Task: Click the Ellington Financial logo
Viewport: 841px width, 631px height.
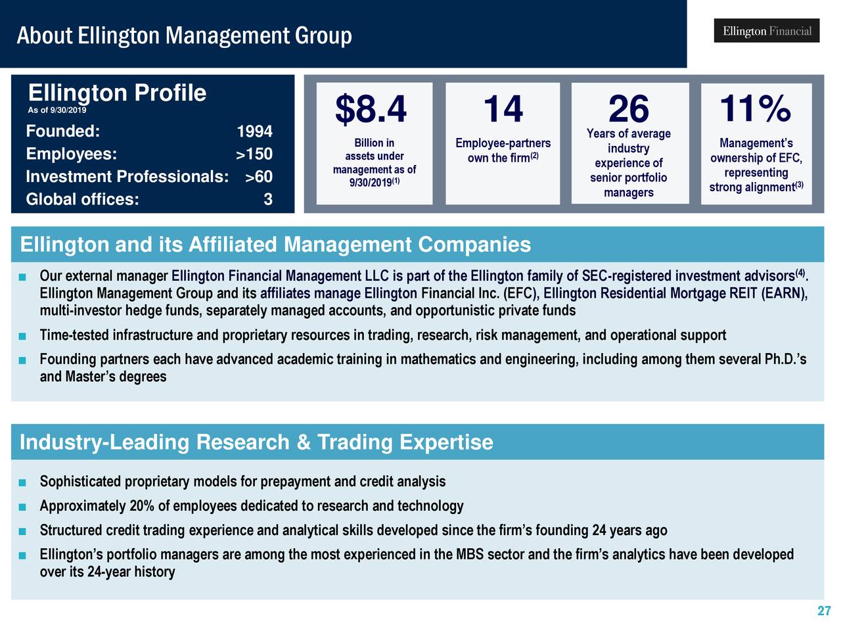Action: click(766, 31)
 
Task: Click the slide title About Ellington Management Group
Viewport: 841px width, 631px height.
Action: click(184, 35)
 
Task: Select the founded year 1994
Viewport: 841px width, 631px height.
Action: click(254, 132)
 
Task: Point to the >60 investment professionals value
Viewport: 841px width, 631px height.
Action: click(258, 177)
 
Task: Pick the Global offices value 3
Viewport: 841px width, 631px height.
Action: click(267, 200)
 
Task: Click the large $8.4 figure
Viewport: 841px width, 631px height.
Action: click(371, 109)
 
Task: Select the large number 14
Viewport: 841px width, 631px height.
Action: click(503, 109)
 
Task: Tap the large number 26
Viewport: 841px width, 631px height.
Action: click(628, 109)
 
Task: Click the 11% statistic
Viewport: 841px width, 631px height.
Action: click(755, 108)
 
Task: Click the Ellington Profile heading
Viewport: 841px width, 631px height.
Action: click(117, 93)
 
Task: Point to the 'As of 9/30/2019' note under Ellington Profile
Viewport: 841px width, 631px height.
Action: click(57, 110)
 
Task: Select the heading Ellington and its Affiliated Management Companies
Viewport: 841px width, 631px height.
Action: click(275, 245)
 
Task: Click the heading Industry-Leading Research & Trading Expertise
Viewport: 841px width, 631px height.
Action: click(256, 442)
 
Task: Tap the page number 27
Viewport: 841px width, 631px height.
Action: click(824, 611)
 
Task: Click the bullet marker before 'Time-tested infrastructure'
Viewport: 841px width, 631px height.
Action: click(22, 337)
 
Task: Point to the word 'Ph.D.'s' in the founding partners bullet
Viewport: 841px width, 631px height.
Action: click(785, 360)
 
